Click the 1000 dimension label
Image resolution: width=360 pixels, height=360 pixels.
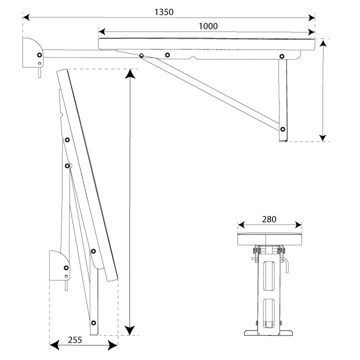coord(207,26)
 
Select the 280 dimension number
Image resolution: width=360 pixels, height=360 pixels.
coord(268,219)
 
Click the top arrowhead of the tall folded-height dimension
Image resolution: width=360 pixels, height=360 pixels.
coord(130,73)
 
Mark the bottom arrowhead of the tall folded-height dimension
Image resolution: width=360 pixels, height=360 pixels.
coord(130,330)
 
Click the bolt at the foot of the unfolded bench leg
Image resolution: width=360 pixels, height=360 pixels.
coord(283,129)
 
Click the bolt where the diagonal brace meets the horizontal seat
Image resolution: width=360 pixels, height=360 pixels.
coord(142,55)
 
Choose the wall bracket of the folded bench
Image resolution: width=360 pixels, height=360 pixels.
coord(59,265)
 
